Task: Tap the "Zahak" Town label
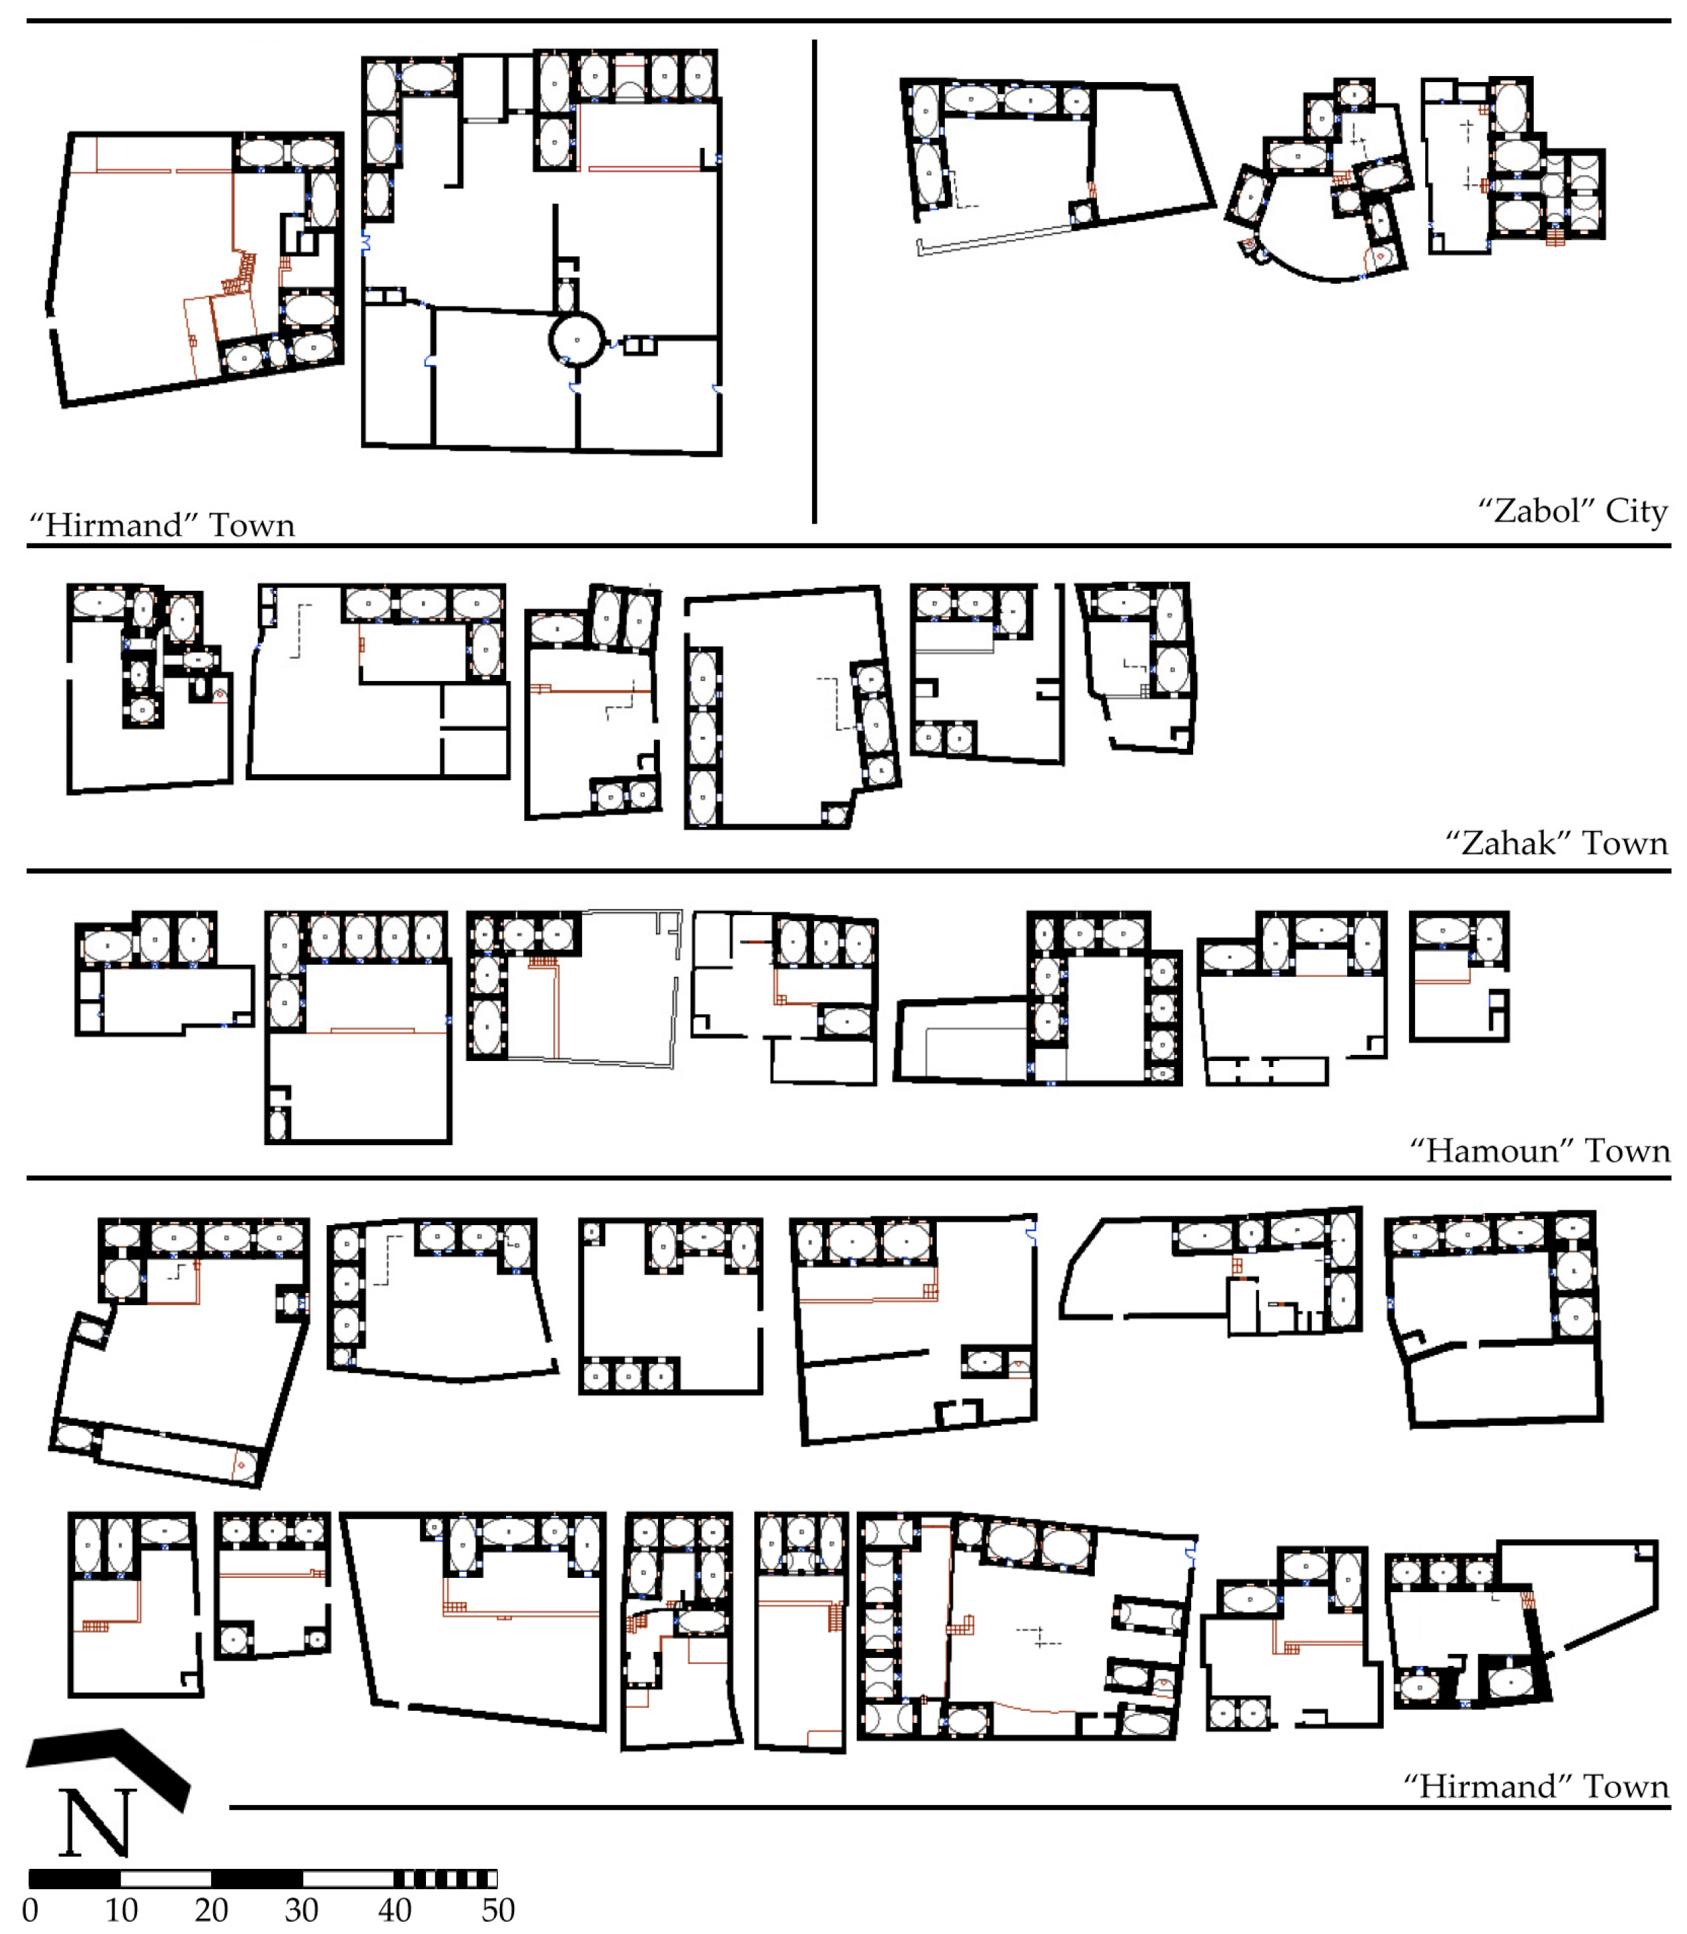[x=1556, y=843]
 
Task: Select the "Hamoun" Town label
[x=1539, y=1150]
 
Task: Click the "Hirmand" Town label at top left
[x=162, y=524]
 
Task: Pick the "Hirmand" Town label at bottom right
[x=1536, y=1786]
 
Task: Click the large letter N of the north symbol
[x=97, y=1822]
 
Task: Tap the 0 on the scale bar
[x=30, y=1910]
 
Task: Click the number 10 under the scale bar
[x=121, y=1910]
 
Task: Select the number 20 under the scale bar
[x=211, y=1910]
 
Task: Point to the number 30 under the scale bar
[x=301, y=1910]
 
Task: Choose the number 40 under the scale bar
[x=395, y=1910]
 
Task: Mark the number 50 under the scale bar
[x=498, y=1910]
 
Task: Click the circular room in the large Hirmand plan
[x=576, y=340]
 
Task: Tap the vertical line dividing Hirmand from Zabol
[x=814, y=281]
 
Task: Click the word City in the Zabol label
[x=1636, y=511]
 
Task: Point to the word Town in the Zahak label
[x=1625, y=843]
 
